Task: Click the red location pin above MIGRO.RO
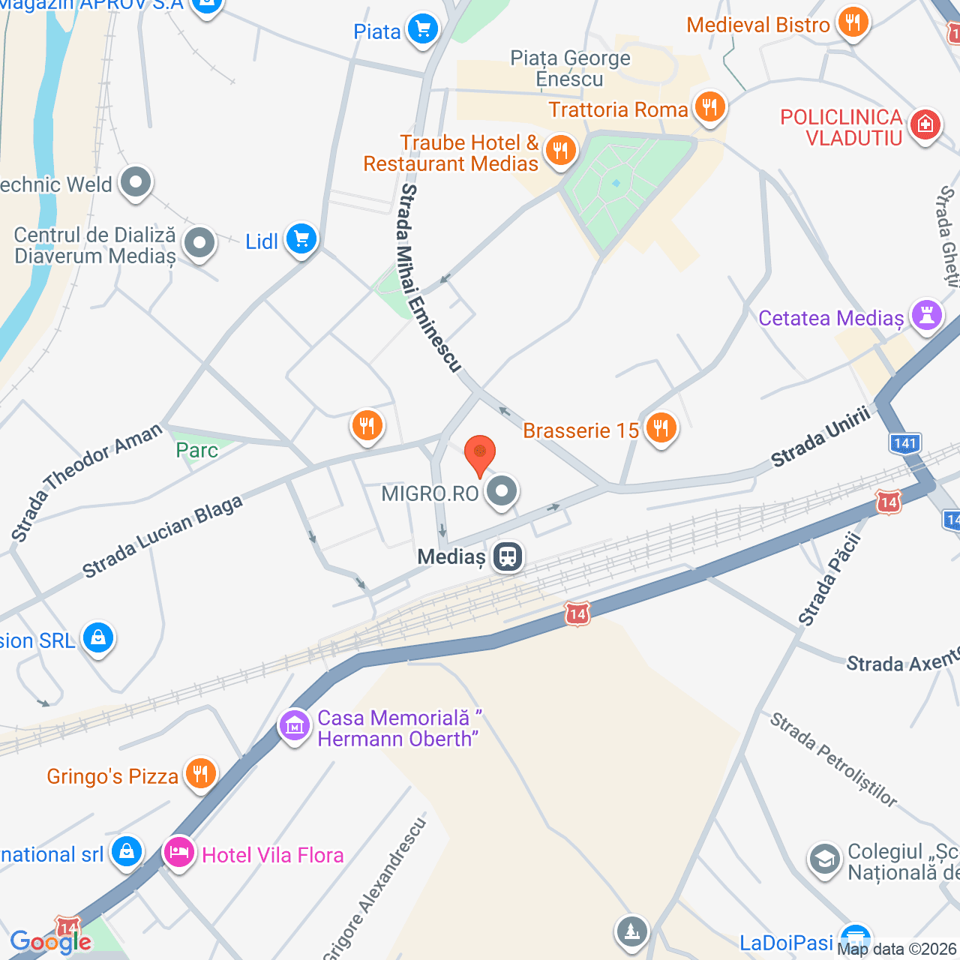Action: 480,453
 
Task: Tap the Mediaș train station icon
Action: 508,556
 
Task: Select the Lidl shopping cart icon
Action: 301,240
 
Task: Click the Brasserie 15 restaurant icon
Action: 661,428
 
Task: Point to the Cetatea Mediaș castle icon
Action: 927,315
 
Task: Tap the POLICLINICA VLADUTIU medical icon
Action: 925,124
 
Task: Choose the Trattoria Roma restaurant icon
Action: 709,106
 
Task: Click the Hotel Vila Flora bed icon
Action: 179,853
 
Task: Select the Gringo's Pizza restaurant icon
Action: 199,773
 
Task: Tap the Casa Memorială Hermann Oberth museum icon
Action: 294,725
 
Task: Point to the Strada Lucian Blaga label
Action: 163,536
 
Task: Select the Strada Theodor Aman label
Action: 86,481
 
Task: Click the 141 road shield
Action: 905,442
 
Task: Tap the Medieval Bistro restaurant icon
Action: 852,22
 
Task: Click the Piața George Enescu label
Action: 570,68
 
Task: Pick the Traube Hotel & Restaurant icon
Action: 559,150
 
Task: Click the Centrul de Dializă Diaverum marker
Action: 199,243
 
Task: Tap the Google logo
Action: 50,942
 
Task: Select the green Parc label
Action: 196,450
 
